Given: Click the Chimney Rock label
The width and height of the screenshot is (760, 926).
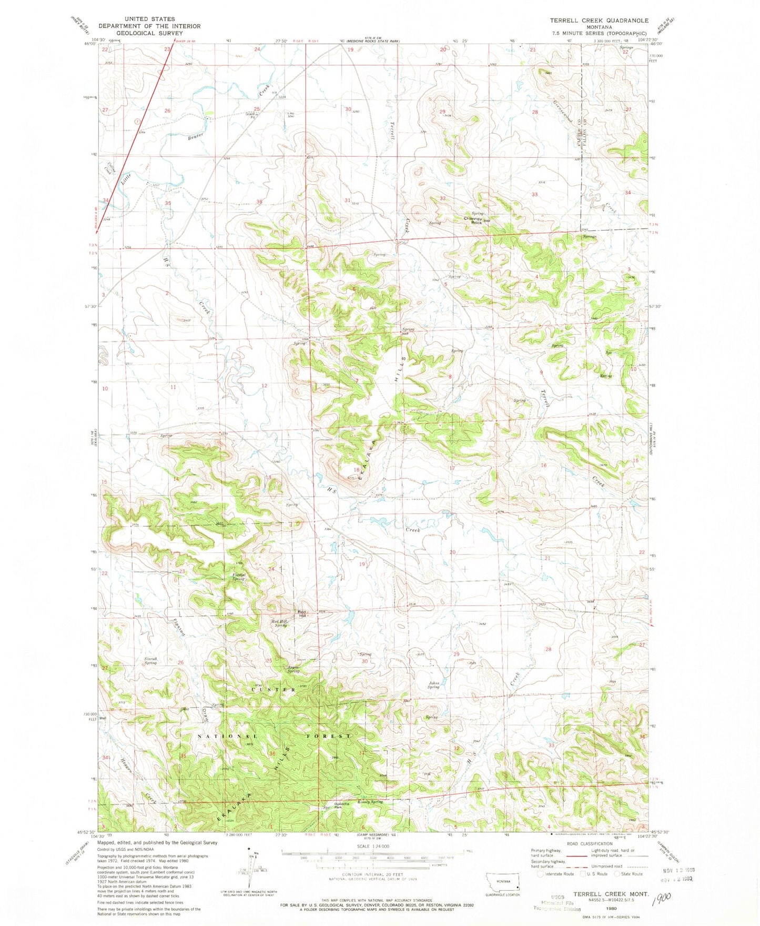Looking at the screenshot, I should [473, 220].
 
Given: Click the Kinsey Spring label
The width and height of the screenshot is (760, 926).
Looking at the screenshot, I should [370, 802].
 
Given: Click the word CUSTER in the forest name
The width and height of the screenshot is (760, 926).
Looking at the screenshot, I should [273, 689].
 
